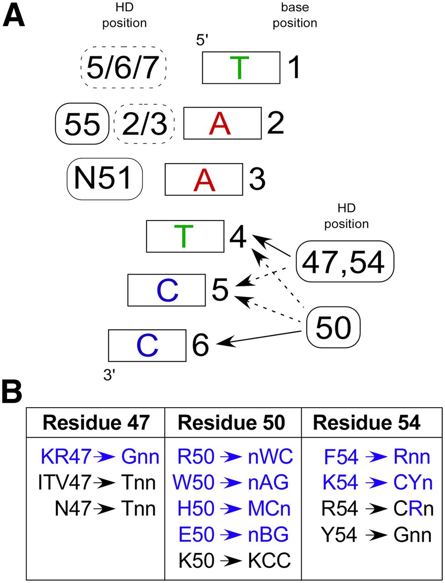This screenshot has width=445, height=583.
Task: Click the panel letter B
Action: pos(12,392)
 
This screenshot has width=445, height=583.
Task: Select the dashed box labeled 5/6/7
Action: pos(123,67)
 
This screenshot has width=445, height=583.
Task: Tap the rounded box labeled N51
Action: pos(105,178)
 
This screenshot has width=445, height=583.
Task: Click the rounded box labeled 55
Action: pos(82,123)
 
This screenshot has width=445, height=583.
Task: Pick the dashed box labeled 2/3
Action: pos(145,123)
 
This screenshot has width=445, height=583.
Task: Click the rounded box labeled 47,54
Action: pos(344,261)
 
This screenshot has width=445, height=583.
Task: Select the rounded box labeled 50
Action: pos(333,327)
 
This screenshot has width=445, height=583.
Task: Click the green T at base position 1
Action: pos(241,67)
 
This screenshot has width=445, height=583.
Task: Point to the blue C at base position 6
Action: pos(147,346)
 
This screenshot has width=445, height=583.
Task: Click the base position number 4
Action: pos(238,236)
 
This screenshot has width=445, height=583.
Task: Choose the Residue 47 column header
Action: pos(96,423)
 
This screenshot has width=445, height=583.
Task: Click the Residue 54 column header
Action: pos(367,423)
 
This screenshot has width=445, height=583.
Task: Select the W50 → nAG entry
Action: pos(230,482)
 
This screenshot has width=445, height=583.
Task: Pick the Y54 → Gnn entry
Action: pos(376,535)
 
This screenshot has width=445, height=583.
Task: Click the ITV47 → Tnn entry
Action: pos(97,482)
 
